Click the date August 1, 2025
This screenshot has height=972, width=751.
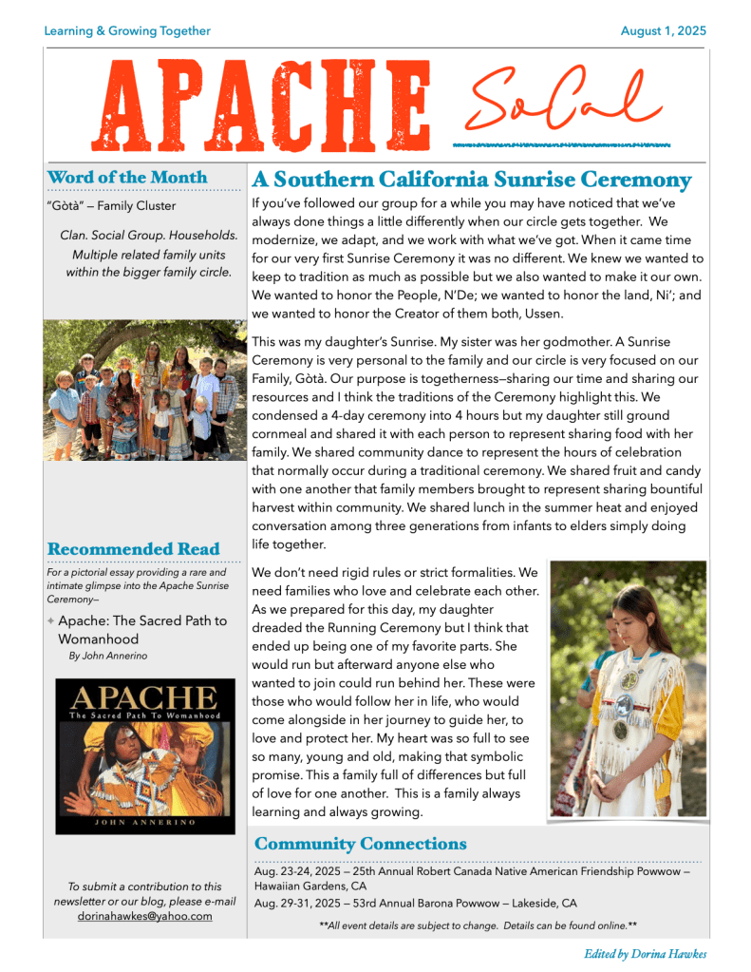click(x=663, y=31)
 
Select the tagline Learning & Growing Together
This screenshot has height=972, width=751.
click(x=127, y=31)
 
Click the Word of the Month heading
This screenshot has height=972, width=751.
click(x=126, y=178)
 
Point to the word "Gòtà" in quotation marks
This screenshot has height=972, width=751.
click(x=64, y=205)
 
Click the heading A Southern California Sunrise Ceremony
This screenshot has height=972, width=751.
click(x=471, y=180)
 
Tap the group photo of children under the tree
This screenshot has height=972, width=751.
click(x=145, y=390)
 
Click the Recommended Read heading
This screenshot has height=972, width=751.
click(x=133, y=549)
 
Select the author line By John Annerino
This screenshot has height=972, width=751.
click(x=108, y=656)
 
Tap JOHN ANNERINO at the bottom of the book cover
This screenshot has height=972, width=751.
click(x=144, y=822)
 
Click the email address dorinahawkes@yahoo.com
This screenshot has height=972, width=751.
click(x=144, y=917)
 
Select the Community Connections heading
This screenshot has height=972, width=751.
click(x=361, y=844)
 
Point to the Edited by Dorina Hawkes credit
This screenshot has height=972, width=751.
click(x=645, y=954)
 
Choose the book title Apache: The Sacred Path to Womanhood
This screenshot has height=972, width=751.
click(x=142, y=630)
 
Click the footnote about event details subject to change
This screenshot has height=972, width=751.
click(x=478, y=924)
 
